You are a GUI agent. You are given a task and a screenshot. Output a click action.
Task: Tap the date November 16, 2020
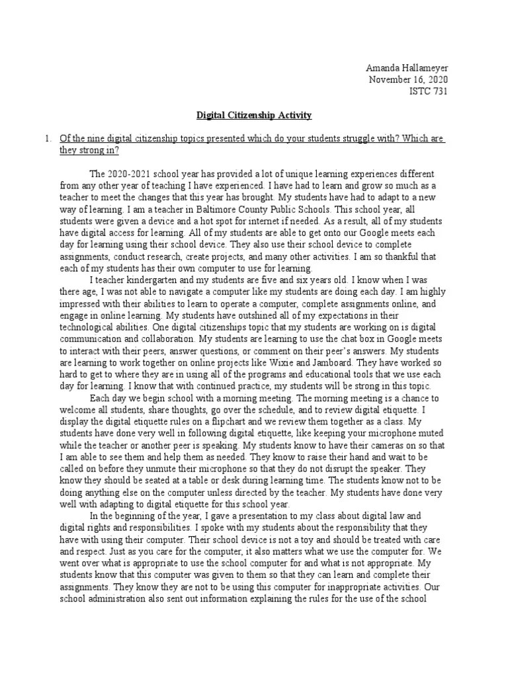coord(408,79)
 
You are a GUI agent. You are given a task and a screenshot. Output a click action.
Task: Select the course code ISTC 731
coord(429,91)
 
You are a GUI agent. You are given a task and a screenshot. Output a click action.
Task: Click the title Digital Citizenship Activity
coord(254,115)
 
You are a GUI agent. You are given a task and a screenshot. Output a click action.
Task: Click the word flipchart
coord(259,422)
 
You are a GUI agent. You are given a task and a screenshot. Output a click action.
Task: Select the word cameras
coord(396,446)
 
